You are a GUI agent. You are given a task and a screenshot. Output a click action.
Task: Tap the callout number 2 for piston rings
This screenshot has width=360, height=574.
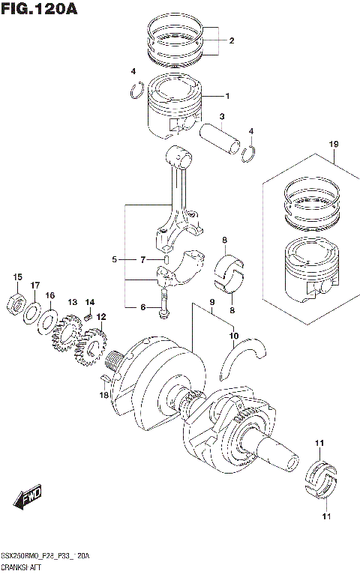[232, 40]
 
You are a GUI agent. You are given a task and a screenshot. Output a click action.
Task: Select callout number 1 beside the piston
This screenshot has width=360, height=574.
[227, 96]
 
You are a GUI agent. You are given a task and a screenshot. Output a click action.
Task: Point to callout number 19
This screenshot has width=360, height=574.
[334, 143]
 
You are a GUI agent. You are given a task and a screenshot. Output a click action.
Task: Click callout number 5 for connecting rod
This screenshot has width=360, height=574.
[115, 259]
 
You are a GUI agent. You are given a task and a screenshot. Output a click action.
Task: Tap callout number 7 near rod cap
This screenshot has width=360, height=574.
[142, 259]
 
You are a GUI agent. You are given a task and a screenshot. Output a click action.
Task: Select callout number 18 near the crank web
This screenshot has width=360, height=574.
[105, 394]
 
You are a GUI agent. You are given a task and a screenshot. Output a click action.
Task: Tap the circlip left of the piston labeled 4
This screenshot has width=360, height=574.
[135, 91]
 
